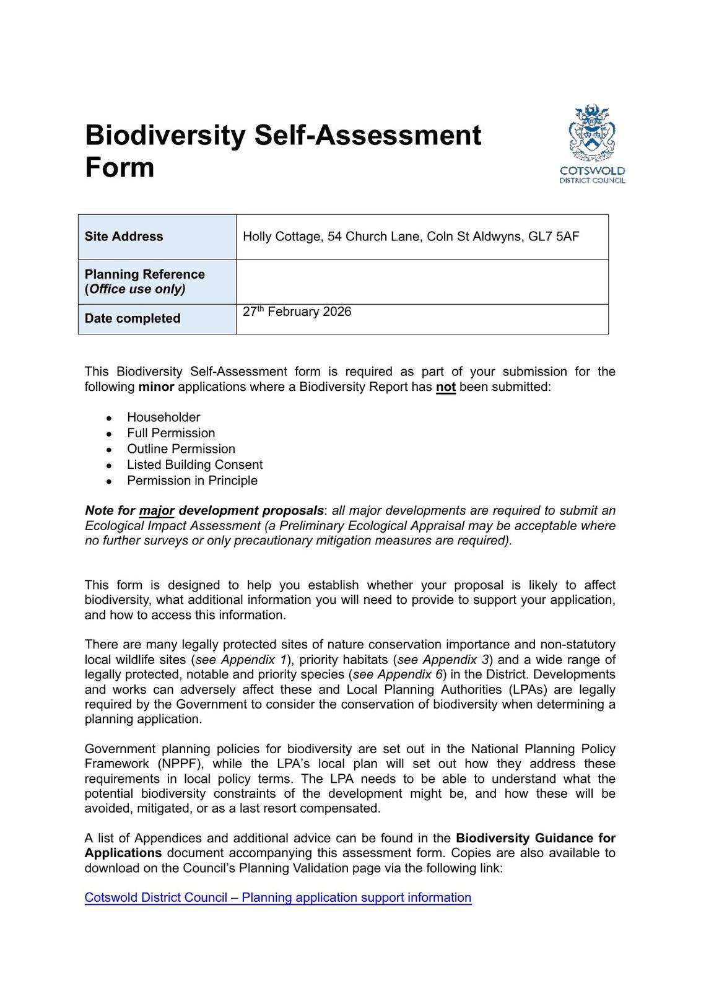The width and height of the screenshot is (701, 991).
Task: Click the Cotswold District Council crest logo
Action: pos(592,144)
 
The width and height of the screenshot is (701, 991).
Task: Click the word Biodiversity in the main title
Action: pos(165,135)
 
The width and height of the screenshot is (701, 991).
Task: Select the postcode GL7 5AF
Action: pos(554,237)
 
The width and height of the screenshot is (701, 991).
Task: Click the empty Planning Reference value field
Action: pos(422,282)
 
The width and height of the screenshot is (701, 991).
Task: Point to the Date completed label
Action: pos(133,318)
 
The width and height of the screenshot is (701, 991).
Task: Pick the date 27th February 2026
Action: pos(297,312)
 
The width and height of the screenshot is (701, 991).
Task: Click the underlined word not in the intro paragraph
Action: pos(445,387)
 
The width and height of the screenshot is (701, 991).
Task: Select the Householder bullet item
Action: pos(163,417)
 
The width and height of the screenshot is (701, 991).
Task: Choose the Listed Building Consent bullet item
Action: pos(194,465)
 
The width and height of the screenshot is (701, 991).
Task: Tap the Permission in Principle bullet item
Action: pos(192,481)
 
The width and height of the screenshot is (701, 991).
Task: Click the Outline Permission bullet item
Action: pos(181,449)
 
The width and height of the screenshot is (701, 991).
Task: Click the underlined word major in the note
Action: pos(157,511)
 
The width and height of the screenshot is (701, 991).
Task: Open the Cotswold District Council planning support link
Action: pos(277,897)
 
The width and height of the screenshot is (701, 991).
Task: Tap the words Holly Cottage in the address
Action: pos(282,237)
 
